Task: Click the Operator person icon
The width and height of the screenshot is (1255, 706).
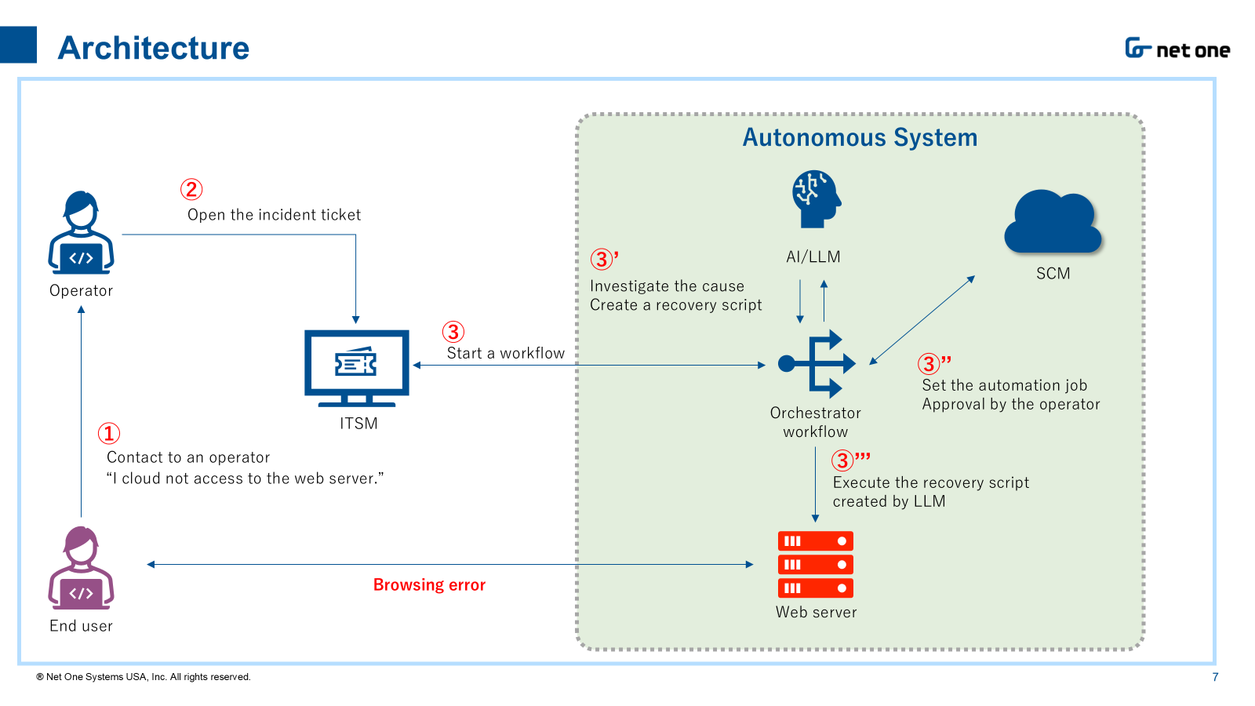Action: point(81,233)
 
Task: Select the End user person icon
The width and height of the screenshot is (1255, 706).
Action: point(81,568)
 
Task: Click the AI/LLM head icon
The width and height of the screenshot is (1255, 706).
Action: point(816,199)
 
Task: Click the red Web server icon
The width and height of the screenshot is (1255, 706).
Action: point(815,565)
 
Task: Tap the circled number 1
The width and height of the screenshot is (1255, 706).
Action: point(109,433)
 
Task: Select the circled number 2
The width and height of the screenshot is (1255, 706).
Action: point(191,189)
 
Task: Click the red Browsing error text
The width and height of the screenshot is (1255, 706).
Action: point(429,585)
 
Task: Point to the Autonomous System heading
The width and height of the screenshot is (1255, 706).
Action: point(860,138)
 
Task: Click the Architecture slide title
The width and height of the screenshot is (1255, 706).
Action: point(154,48)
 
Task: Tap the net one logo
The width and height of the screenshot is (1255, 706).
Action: point(1177,49)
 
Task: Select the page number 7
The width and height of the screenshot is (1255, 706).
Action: point(1215,677)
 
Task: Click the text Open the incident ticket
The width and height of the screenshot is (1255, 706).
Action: point(274,215)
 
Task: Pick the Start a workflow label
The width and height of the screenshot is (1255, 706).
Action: point(506,354)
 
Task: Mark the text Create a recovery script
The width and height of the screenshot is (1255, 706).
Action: point(675,305)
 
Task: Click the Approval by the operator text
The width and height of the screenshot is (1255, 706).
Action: point(1010,405)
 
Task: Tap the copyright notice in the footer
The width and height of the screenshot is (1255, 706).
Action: point(144,677)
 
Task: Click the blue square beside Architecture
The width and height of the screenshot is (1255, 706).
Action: point(18,45)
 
